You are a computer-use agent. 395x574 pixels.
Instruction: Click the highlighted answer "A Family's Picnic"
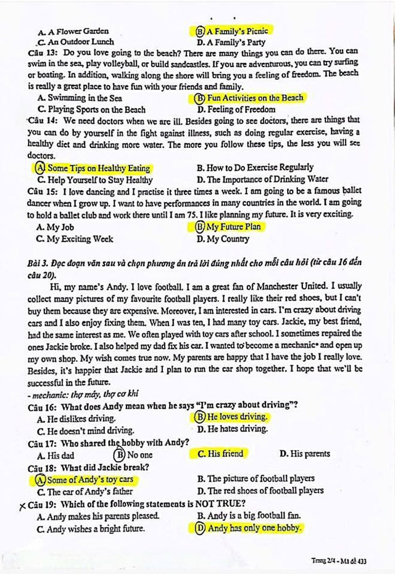[x=238, y=30]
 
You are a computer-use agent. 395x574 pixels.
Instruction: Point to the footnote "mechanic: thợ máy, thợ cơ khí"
[x=77, y=393]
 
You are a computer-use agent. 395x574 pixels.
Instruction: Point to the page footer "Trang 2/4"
[x=328, y=560]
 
